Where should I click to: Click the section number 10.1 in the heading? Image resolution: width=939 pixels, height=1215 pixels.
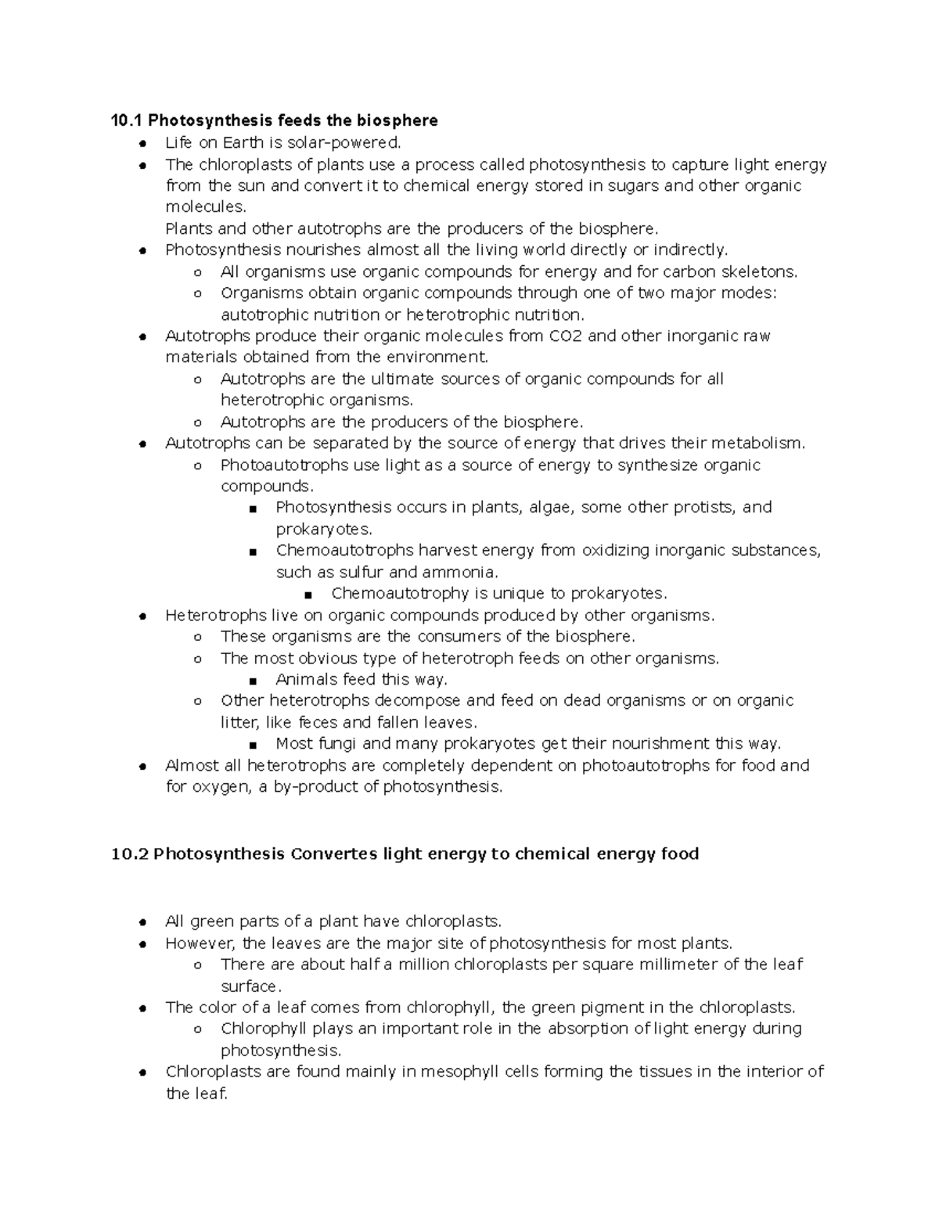point(127,120)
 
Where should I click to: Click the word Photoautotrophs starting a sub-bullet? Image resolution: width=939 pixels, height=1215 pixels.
point(284,465)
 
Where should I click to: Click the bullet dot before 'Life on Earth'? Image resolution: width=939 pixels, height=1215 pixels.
point(142,144)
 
